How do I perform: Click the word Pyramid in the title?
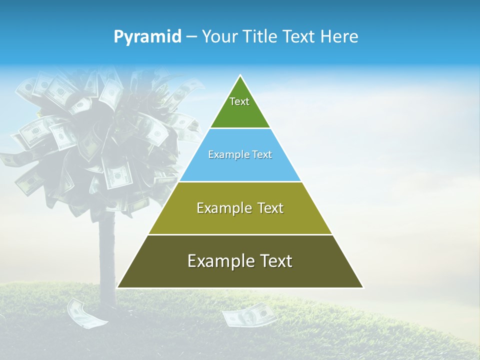(147, 37)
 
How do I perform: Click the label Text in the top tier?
(239, 101)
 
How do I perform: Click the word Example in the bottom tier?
(218, 261)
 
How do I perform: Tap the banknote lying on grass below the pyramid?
(248, 315)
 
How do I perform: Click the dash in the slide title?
(191, 37)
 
